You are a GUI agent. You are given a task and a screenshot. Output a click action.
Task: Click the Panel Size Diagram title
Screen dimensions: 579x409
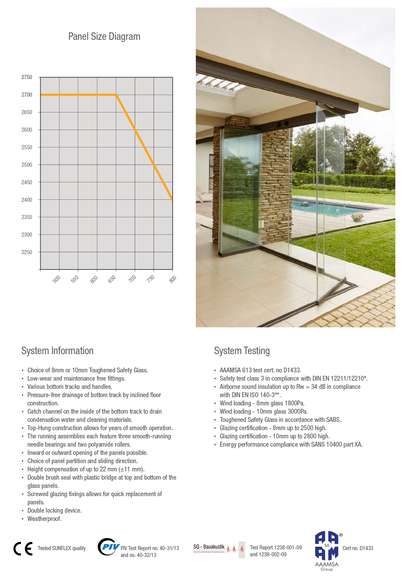104,36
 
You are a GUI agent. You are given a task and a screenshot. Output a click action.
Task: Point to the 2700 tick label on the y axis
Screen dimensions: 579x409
27,95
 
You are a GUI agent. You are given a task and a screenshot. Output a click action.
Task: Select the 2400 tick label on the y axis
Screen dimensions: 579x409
27,200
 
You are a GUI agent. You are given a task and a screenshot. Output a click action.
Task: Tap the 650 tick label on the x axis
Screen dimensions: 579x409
112,279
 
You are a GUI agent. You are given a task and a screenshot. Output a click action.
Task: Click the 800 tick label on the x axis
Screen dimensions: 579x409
173,279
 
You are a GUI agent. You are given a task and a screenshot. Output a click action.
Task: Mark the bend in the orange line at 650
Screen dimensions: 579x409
116,95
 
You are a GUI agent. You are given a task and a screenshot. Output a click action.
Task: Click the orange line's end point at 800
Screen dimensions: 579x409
172,199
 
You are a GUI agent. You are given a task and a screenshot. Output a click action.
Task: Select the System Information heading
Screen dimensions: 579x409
57,351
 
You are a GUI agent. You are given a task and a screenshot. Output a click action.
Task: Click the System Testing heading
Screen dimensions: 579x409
242,351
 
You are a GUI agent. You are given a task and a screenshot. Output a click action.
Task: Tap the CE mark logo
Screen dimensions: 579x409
23,548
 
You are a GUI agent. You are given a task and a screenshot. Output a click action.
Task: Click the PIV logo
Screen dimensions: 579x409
108,547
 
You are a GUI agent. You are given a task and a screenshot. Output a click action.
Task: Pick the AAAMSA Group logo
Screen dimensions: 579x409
327,550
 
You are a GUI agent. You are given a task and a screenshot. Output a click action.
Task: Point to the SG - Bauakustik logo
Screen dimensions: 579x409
218,548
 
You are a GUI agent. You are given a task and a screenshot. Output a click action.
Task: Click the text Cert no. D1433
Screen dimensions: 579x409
358,548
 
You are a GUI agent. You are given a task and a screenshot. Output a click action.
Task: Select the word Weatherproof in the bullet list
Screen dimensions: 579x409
44,519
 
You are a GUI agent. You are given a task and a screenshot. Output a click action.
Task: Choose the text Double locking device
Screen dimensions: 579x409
54,511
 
